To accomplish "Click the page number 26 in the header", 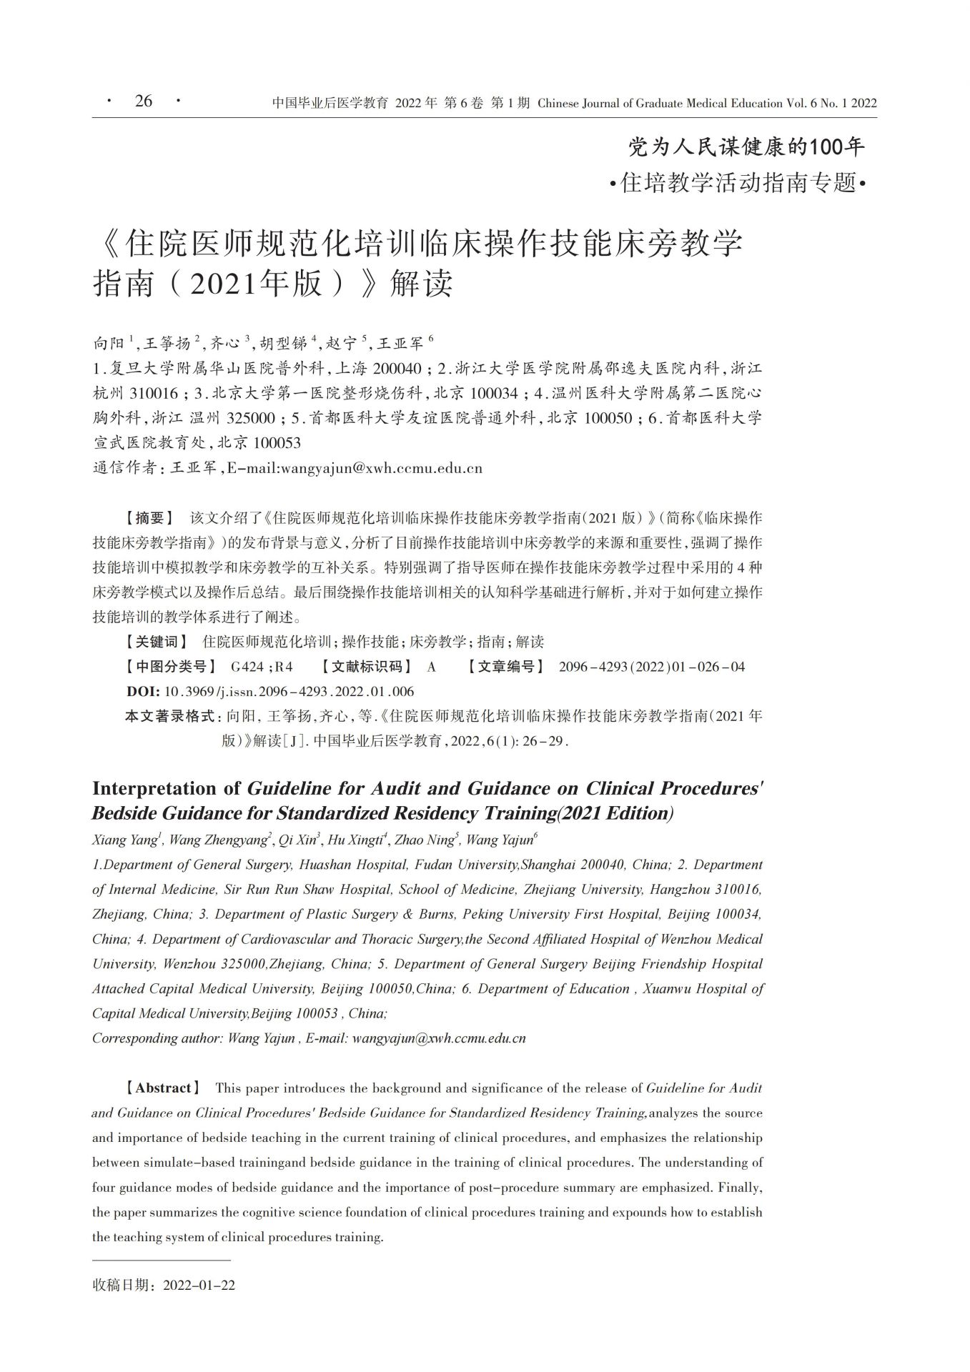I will pos(144,101).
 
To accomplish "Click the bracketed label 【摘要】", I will pos(149,517).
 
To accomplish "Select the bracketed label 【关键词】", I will pos(157,642).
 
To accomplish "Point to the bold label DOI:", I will pos(143,691).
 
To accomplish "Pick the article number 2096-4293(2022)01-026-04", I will pos(651,667).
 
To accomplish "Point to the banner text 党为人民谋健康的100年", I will pos(746,147).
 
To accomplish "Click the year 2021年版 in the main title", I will pos(260,284).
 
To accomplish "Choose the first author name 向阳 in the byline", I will pos(109,344).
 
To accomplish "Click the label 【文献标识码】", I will pos(366,667).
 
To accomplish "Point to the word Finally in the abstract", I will pos(740,1187).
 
